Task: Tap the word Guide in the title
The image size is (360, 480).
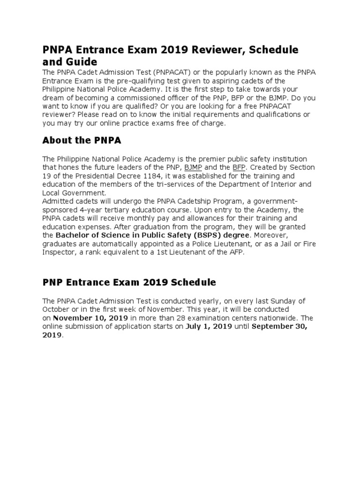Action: point(79,62)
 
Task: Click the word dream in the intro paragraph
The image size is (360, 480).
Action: point(53,97)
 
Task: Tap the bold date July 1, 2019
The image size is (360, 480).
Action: point(209,327)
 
